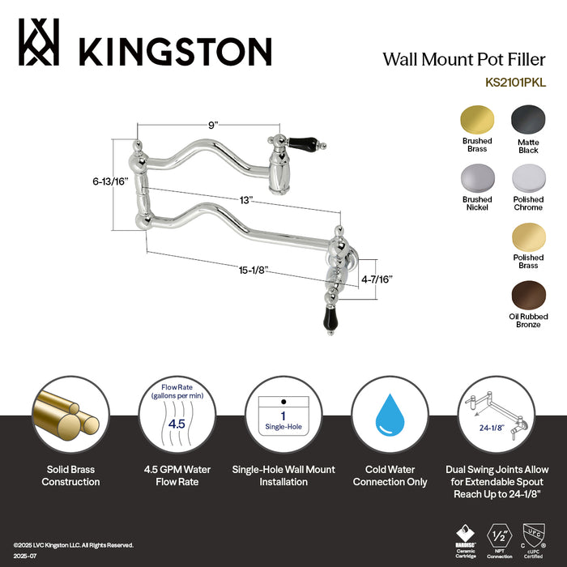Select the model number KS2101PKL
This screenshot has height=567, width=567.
pyautogui.click(x=516, y=81)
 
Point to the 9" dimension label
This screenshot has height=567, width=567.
pyautogui.click(x=213, y=125)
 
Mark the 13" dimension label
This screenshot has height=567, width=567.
pyautogui.click(x=246, y=198)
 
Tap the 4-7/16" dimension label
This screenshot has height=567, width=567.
pyautogui.click(x=377, y=279)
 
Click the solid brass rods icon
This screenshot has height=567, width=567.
pyautogui.click(x=70, y=418)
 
